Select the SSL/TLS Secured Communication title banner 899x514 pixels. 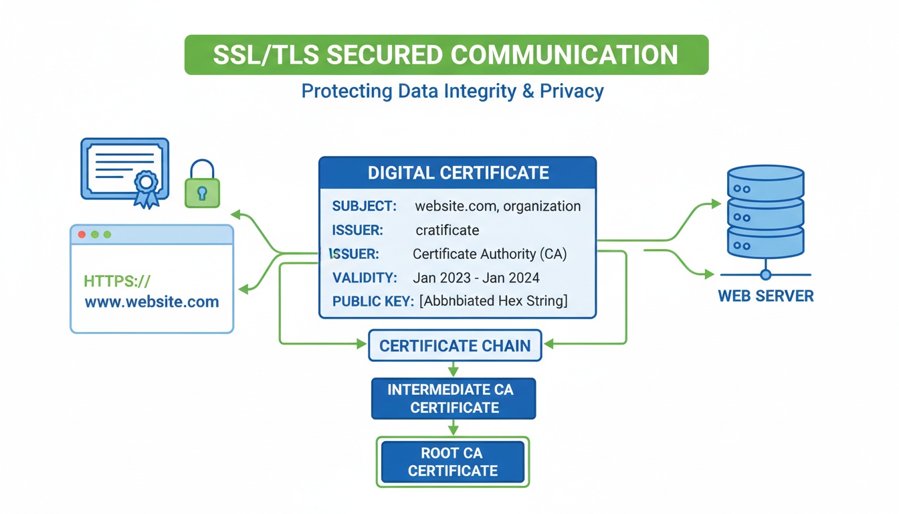(445, 54)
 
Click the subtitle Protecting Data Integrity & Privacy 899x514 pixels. (452, 90)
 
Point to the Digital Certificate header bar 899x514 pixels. (458, 173)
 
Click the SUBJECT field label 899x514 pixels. (364, 206)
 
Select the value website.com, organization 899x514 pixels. (498, 206)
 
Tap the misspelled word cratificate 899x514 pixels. (447, 230)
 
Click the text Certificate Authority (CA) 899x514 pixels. (490, 254)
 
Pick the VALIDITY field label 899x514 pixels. (365, 278)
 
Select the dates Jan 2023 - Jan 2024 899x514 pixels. (476, 278)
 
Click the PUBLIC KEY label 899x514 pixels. (373, 301)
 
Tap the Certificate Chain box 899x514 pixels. (455, 346)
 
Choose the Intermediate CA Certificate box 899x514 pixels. (454, 398)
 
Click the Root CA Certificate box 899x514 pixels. (453, 461)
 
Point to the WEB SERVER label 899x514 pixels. (766, 296)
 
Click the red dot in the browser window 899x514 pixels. (82, 235)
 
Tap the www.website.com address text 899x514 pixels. (152, 302)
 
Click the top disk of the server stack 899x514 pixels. (765, 179)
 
